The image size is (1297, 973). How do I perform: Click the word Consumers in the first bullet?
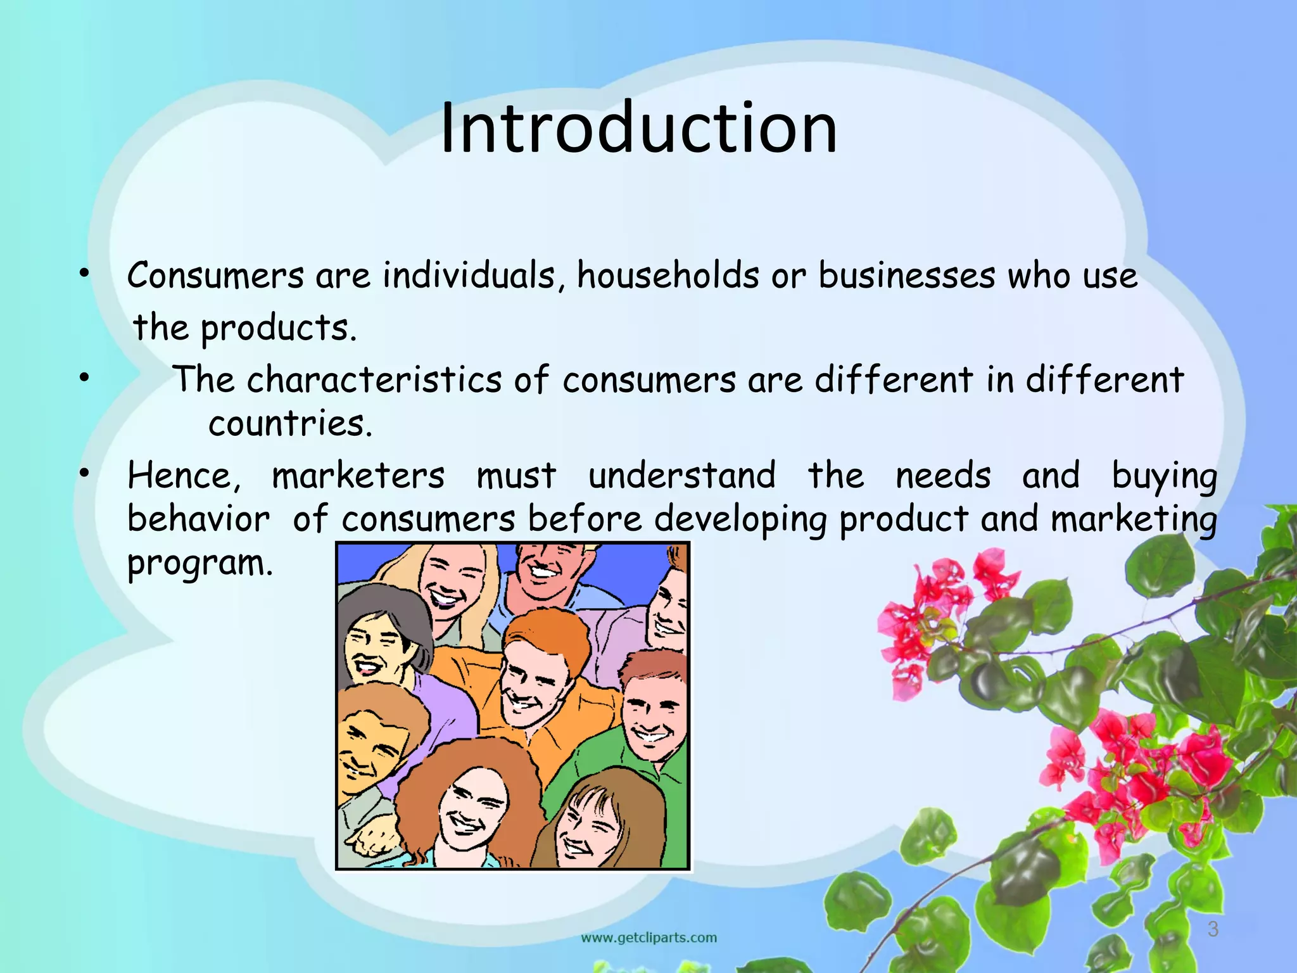coord(216,277)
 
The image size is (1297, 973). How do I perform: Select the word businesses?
coord(906,277)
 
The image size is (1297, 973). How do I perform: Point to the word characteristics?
coord(374,380)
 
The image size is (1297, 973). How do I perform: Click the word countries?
coord(290,423)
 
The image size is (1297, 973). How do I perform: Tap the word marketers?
coord(358,476)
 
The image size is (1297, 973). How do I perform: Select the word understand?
coord(681,476)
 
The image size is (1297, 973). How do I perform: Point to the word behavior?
coord(198,519)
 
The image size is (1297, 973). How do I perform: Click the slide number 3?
coord(1213,929)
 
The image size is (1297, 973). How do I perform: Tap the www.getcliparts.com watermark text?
coord(648,938)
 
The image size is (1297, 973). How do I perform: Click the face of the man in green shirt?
coord(652,719)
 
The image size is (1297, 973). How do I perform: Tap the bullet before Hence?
coord(83,474)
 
